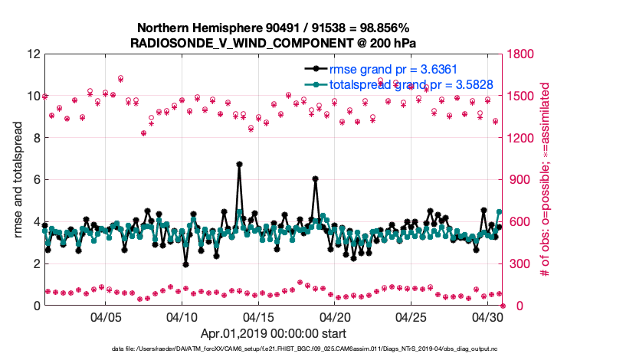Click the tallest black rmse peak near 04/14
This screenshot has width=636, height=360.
(x=239, y=164)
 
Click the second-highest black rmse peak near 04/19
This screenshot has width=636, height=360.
(x=315, y=179)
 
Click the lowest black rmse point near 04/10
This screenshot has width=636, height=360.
(x=185, y=264)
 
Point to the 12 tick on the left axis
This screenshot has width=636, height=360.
(x=34, y=54)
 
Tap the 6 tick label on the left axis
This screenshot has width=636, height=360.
(x=37, y=180)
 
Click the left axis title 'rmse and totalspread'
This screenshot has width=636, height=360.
(x=18, y=180)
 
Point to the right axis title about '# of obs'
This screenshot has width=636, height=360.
(x=546, y=180)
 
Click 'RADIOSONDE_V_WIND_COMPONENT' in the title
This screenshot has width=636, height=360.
(x=230, y=42)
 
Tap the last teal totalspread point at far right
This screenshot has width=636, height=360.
(x=500, y=211)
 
